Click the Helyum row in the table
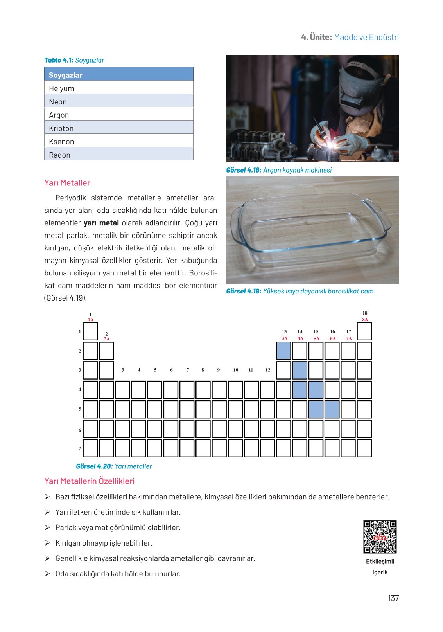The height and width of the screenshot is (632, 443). click(118, 88)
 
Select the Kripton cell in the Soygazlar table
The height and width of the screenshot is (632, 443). click(118, 128)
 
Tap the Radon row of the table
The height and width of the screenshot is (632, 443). click(118, 155)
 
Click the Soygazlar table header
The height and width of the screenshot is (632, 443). click(118, 75)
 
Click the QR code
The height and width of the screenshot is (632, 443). click(380, 537)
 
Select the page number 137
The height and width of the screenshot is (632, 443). click(393, 598)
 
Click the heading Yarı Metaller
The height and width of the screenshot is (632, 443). click(67, 183)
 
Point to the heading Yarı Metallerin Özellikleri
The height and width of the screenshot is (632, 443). click(90, 481)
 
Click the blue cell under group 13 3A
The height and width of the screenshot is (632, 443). click(284, 351)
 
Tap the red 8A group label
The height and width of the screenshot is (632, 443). click(365, 320)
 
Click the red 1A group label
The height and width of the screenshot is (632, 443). click(91, 320)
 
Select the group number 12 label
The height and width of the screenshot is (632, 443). click(268, 370)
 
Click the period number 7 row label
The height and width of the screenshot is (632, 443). click(80, 448)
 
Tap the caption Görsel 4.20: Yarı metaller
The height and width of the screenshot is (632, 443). click(114, 466)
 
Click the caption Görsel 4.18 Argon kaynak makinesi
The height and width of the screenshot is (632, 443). click(279, 170)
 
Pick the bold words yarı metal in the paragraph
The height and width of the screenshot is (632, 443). click(101, 223)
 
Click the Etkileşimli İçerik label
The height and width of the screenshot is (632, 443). click(380, 566)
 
